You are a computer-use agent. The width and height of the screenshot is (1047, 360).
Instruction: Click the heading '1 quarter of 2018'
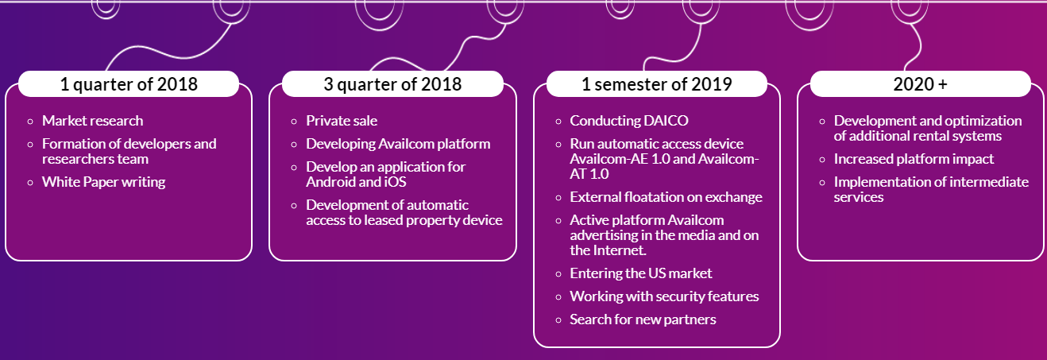coord(129,84)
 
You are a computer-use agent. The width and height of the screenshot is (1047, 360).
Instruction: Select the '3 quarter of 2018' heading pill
coord(392,84)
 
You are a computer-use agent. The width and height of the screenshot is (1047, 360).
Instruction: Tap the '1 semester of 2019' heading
coord(657,84)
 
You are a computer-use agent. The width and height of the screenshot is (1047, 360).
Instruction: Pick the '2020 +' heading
coord(921,84)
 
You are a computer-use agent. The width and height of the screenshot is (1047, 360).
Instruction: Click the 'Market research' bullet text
coord(93,121)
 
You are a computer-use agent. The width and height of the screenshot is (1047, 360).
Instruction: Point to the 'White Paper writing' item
coord(104,182)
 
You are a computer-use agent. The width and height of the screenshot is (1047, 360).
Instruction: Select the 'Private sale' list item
coord(342,121)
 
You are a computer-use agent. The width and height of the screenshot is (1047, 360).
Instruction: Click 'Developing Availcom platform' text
coord(398,144)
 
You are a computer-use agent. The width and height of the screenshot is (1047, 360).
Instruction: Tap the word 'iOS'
coord(396,182)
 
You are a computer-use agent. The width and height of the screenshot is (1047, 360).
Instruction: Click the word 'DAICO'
coord(666,121)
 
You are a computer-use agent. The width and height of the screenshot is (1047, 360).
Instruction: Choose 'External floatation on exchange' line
coord(666,197)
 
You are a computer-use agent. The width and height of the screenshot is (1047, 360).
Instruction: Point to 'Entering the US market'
coord(641,273)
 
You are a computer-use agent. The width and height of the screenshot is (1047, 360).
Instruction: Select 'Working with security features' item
coord(664,296)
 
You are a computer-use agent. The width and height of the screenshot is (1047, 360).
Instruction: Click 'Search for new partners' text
coord(643,319)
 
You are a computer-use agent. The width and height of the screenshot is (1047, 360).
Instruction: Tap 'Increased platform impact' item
coord(914,159)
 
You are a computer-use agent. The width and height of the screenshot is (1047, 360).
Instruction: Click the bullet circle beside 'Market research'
coord(30,122)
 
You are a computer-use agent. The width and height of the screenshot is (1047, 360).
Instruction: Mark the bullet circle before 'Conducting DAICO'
coord(558,122)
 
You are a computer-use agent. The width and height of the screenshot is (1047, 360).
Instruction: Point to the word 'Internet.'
coord(620,250)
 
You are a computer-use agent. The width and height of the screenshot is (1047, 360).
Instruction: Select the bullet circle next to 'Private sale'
coord(294,122)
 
